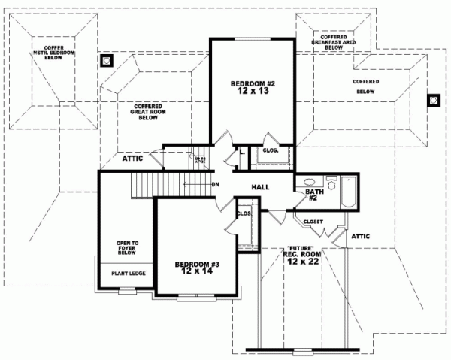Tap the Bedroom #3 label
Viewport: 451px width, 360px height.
tap(194, 268)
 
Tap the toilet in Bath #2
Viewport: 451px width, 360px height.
tap(331, 180)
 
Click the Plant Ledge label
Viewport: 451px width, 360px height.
tap(126, 274)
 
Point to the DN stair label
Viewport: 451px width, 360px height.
tap(215, 185)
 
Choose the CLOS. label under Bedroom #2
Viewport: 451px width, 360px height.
tap(269, 150)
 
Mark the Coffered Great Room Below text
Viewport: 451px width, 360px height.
tap(149, 112)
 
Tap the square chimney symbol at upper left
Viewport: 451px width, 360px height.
tap(107, 61)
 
